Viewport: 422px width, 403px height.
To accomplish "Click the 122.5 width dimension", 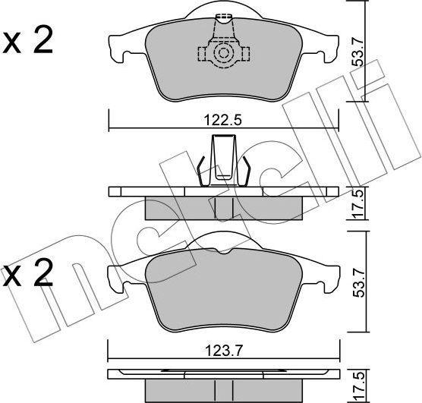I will point(222,119).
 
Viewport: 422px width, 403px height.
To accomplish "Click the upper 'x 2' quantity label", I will point(28,42).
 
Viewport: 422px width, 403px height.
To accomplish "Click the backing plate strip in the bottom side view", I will point(222,373).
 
